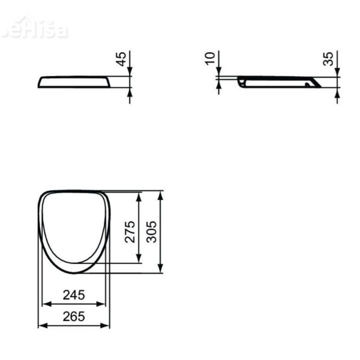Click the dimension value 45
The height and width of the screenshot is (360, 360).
coord(122,59)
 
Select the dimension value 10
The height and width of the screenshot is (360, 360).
coord(209,59)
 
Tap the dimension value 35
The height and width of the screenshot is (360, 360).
coord(328,59)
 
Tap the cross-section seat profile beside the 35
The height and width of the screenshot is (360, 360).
coord(279,82)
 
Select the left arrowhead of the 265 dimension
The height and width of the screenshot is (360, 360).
coord(41,326)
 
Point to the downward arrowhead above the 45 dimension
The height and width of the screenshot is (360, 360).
coord(130,71)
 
